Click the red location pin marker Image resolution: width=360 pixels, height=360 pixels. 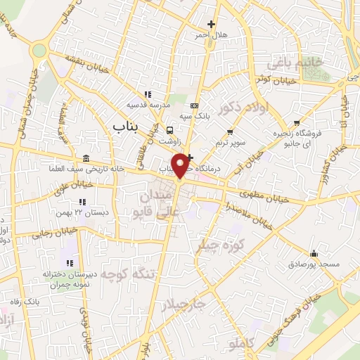click(181, 166)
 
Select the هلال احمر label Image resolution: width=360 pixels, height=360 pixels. click(211, 34)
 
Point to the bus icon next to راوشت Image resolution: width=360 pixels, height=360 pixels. click(169, 130)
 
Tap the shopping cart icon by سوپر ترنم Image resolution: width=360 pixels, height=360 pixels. click(230, 131)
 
